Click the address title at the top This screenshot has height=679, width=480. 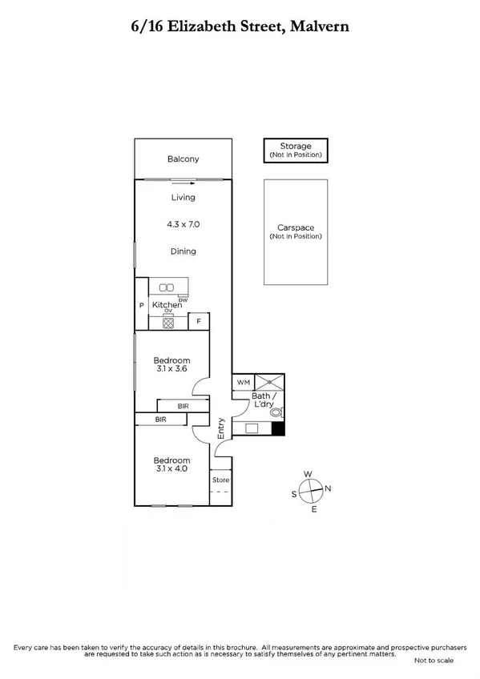click(x=240, y=26)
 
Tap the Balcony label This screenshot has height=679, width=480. click(x=183, y=159)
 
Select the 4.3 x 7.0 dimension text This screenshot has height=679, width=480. click(x=183, y=224)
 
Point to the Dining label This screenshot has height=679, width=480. click(x=183, y=251)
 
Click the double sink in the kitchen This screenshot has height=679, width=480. click(x=167, y=287)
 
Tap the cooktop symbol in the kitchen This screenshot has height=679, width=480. click(x=167, y=323)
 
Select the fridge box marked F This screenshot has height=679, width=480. click(x=198, y=322)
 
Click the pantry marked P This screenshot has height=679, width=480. click(x=141, y=305)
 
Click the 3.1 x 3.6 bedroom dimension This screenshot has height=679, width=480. click(x=171, y=369)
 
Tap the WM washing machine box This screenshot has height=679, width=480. click(x=242, y=384)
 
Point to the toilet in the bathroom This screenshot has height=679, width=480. click(x=276, y=413)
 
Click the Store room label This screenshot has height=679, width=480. click(x=220, y=480)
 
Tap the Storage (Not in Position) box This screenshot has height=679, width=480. click(x=296, y=150)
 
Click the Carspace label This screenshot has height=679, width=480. click(x=296, y=227)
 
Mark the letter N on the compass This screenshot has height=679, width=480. click(x=328, y=488)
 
